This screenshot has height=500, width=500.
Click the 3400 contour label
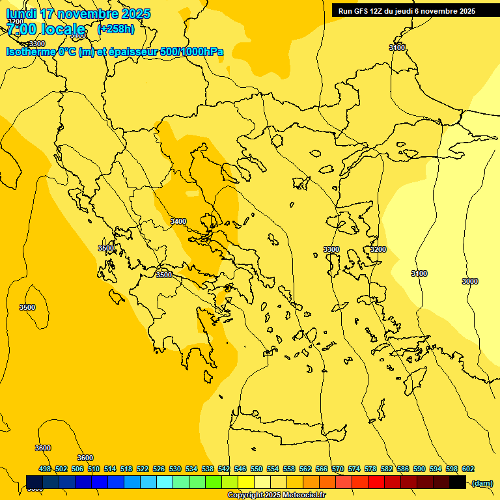click(178, 221)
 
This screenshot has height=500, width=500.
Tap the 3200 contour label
click(378, 249)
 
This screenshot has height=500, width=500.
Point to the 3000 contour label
click(469, 281)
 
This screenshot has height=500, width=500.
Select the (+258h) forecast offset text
click(116, 29)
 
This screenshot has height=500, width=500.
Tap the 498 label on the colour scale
click(45, 469)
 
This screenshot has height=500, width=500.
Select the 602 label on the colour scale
click(468, 469)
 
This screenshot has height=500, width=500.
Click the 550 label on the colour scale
click(257, 469)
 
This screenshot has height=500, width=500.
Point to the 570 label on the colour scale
click(338, 469)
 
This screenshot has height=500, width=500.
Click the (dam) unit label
click(482, 483)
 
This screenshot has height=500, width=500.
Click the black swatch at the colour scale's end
click(458, 482)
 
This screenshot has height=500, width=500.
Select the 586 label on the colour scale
click(403, 469)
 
